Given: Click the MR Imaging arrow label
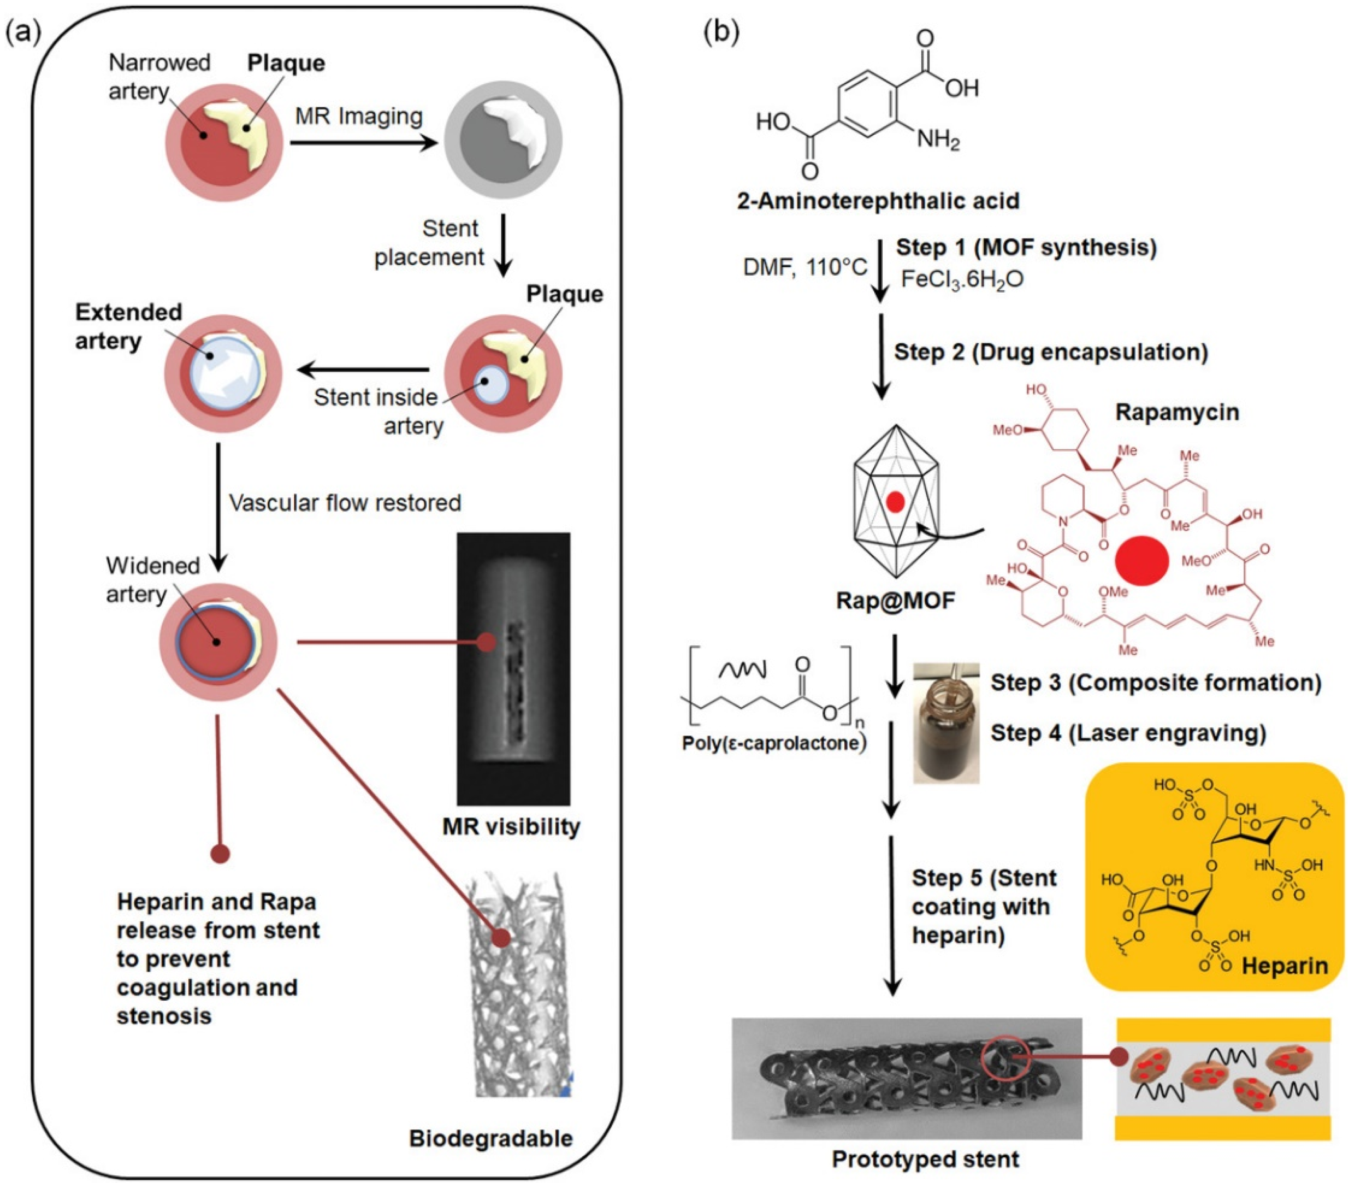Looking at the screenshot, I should [x=358, y=117].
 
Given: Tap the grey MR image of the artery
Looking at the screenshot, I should [x=503, y=140].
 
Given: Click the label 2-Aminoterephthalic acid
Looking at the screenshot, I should [x=878, y=200].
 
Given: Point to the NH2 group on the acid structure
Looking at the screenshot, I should [x=938, y=140].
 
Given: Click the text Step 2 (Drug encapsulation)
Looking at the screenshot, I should [x=1050, y=351].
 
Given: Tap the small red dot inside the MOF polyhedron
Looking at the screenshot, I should [x=895, y=502].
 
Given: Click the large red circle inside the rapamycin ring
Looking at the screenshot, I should [x=1142, y=560].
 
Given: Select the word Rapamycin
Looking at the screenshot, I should [x=1177, y=412].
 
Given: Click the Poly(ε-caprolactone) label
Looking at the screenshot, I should [x=773, y=743].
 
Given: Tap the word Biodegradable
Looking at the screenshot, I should [x=490, y=1138].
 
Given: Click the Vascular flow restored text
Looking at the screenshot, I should [x=345, y=503].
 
